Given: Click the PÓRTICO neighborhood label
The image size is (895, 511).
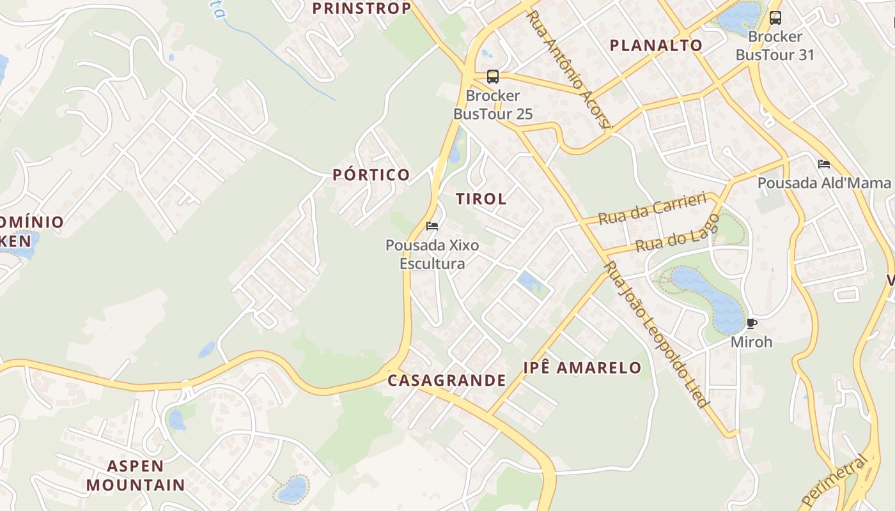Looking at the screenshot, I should [x=371, y=175].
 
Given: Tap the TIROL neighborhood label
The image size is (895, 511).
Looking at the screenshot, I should [x=481, y=199].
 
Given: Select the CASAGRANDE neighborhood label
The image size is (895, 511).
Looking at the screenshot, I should [x=447, y=381].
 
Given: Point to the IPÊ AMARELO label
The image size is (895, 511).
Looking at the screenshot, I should [x=582, y=367].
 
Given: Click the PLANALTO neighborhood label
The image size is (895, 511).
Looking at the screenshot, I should [x=656, y=45].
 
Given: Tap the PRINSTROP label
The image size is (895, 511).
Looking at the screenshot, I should [x=361, y=8].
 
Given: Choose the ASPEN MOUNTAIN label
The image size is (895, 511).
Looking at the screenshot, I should [x=136, y=475].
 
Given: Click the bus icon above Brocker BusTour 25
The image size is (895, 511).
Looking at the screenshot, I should [x=492, y=77].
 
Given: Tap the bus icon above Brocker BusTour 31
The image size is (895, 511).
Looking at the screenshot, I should [x=775, y=18].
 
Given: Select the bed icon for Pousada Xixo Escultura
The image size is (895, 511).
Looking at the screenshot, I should [x=432, y=226].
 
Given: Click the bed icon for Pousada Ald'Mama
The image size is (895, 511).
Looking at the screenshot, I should [x=824, y=164].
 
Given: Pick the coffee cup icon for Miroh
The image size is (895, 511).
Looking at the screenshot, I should [x=752, y=323].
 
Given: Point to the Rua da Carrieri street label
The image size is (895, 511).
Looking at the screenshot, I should [x=652, y=208].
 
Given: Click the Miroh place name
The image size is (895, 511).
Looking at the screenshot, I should [x=752, y=342].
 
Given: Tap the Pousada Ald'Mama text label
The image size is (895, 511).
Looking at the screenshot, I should [x=824, y=183].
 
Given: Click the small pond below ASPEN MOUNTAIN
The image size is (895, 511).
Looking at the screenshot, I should [x=293, y=489].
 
